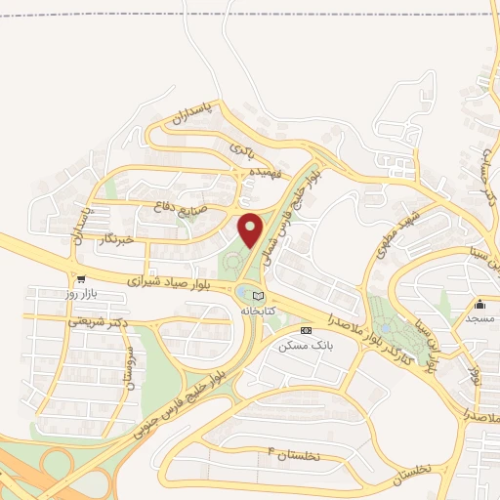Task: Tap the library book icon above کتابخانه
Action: [258, 296]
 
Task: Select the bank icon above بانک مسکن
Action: [307, 331]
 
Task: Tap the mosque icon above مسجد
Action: [479, 305]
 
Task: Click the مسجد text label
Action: [479, 319]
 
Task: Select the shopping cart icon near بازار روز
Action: [94, 277]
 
